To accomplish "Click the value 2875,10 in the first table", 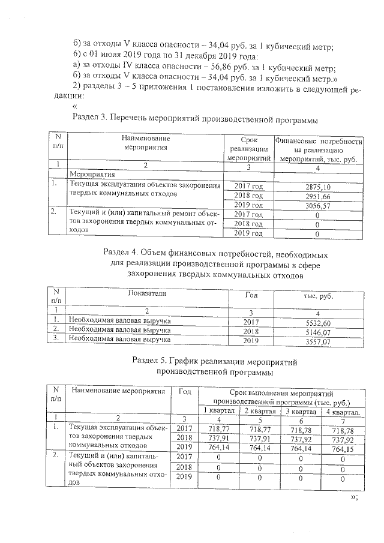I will [x=318, y=187].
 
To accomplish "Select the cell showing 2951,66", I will [x=318, y=196].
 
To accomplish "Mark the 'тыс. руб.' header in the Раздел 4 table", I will [x=318, y=296].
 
